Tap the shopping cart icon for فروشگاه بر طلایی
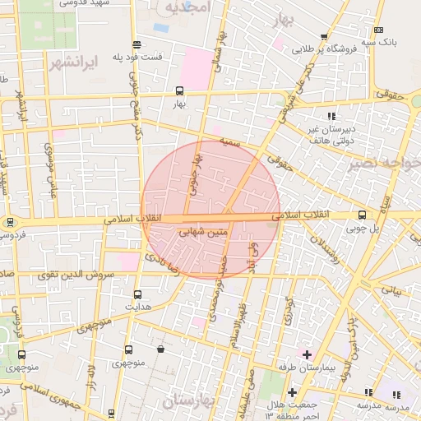326,37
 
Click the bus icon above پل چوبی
363,215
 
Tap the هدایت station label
137,306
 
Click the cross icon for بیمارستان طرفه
307,354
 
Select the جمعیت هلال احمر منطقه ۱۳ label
289,412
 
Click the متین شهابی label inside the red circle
202,234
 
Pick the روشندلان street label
322,248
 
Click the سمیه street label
229,141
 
